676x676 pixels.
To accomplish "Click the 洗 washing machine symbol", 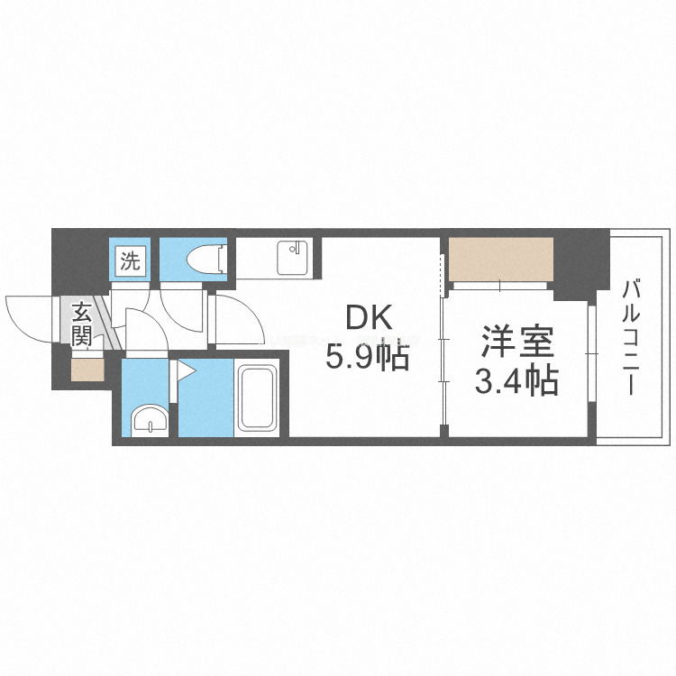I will (132, 262).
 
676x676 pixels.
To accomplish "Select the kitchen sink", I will (291, 259).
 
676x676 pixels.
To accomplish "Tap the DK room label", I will (368, 318).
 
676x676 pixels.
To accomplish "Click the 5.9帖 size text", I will (368, 358).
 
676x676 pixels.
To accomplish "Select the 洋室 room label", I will (516, 343).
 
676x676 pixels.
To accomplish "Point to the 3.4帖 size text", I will (516, 382).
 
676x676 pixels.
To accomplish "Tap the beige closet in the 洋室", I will (500, 260).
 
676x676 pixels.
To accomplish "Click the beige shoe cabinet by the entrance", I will (87, 370).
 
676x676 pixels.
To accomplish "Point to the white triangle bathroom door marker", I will (184, 370).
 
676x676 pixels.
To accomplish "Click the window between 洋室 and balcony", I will (592, 370).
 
